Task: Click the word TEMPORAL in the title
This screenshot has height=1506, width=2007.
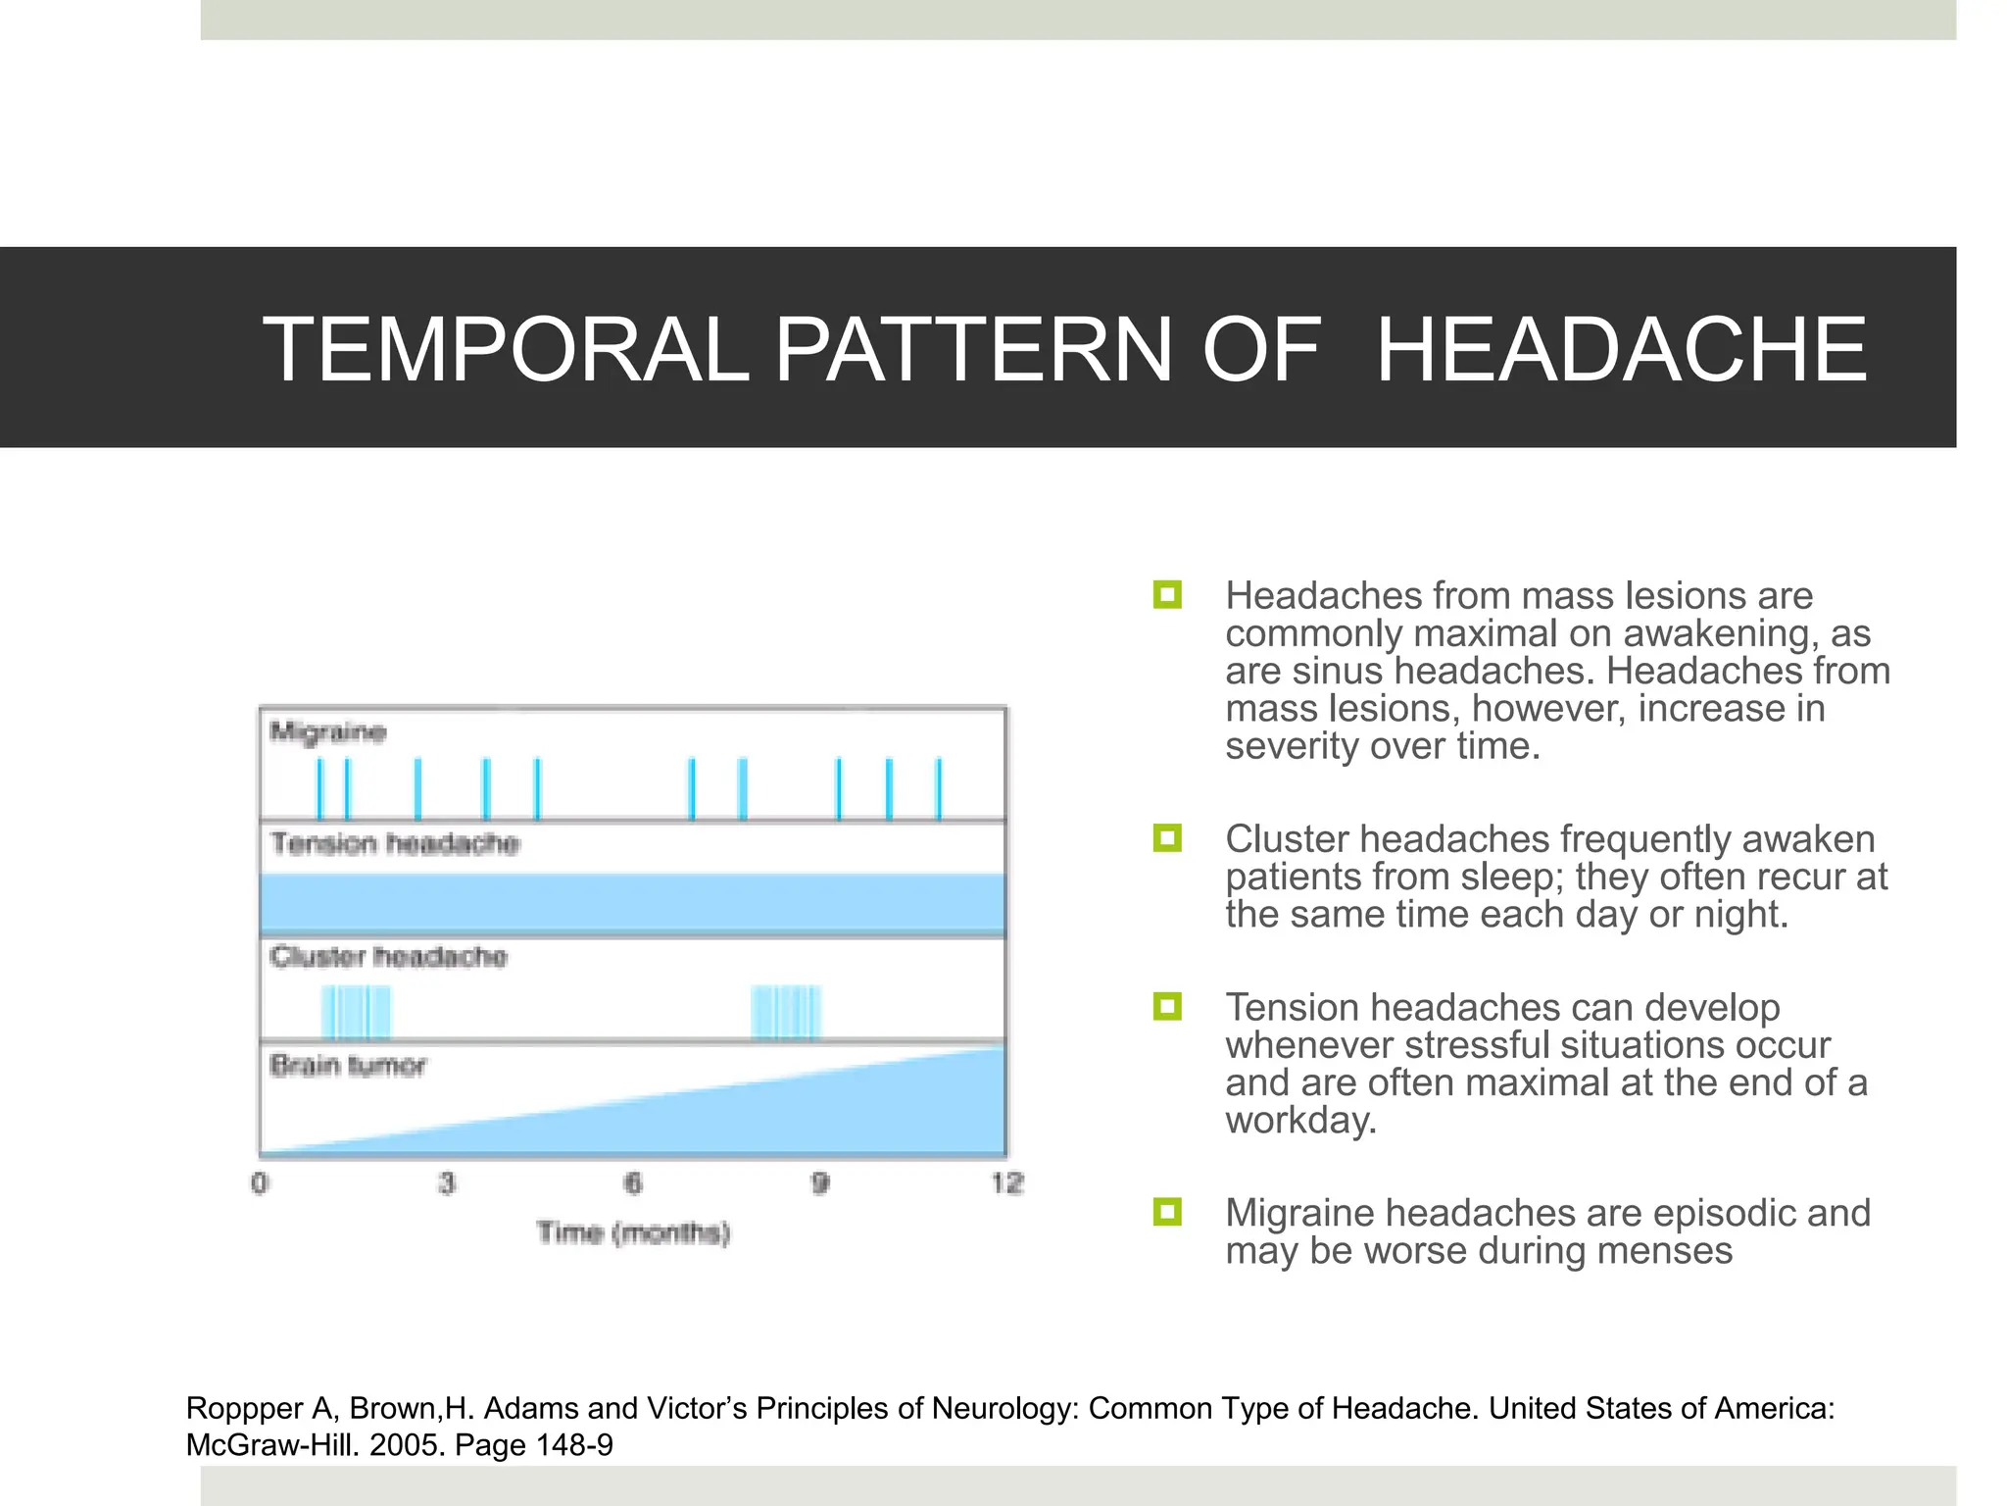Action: [x=506, y=349]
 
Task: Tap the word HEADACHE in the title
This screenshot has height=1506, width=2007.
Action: [x=1622, y=349]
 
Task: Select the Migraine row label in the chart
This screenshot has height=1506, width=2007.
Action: [x=328, y=731]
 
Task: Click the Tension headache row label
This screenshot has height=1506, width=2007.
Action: [x=395, y=843]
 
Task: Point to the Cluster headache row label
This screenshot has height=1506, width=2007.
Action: [x=388, y=956]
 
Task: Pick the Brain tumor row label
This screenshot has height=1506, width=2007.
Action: [x=348, y=1065]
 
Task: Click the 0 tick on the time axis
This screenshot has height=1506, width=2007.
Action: [x=260, y=1183]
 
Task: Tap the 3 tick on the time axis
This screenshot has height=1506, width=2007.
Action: [x=447, y=1183]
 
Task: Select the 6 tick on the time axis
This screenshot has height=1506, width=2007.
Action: [x=633, y=1183]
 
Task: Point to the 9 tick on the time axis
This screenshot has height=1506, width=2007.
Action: [x=820, y=1183]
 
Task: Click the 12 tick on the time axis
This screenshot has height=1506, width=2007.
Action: [x=1006, y=1183]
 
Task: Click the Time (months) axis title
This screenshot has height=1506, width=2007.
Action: [x=633, y=1232]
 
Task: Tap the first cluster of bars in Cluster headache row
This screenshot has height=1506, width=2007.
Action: [x=356, y=1013]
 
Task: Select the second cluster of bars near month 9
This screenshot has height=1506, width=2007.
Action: [x=785, y=1013]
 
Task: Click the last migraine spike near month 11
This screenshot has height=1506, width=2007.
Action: [x=938, y=788]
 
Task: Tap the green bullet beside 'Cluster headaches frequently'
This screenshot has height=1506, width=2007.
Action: [x=1167, y=838]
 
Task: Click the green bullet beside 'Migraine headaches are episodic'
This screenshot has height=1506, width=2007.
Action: [x=1167, y=1213]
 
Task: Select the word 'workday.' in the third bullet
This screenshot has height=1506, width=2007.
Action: [x=1300, y=1121]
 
